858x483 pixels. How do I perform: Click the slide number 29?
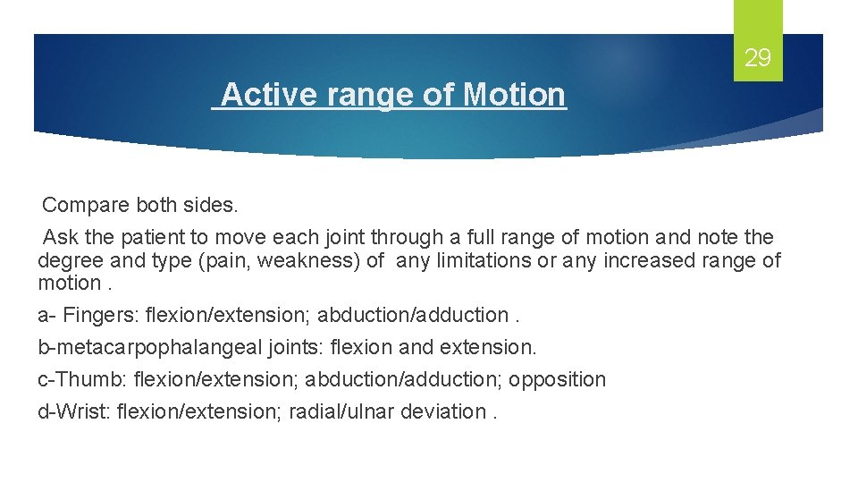(x=757, y=59)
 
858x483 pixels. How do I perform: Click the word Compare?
(x=86, y=205)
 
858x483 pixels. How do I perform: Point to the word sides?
(x=212, y=205)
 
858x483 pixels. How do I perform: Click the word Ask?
(x=60, y=237)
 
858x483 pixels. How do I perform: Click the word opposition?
(x=558, y=379)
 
